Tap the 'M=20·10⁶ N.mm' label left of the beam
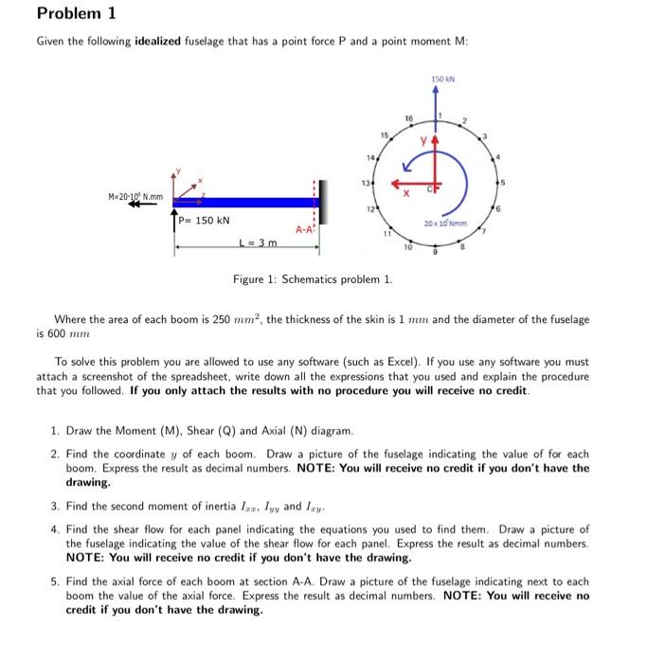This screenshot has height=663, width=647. point(135,196)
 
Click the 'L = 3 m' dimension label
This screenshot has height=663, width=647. point(258,243)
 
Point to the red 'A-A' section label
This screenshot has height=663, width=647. point(303,229)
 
